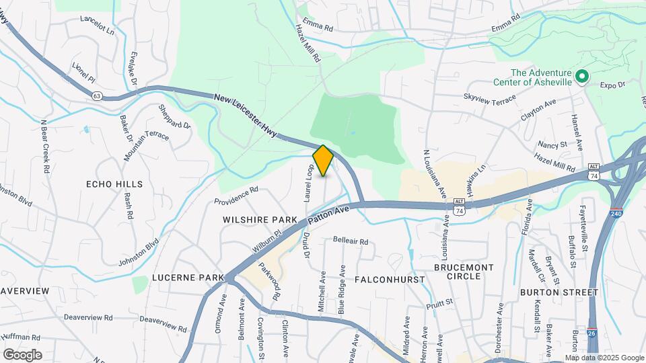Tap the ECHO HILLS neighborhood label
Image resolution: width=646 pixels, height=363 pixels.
tap(114, 184)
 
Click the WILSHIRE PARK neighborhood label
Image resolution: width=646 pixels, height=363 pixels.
tap(261, 220)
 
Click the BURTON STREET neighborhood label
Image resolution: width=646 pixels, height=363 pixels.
tap(559, 292)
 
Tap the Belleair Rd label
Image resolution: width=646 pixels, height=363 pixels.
tap(351, 241)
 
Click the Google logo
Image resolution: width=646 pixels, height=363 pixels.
tap(22, 354)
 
